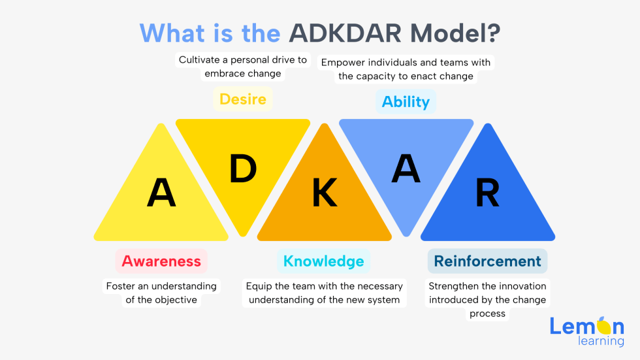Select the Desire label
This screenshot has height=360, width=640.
click(243, 99)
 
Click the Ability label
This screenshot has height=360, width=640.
click(406, 102)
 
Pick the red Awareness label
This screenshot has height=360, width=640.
click(161, 261)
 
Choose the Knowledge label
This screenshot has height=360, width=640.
click(324, 261)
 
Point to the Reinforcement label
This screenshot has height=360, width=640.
click(487, 261)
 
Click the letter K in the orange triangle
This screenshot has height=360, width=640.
click(324, 193)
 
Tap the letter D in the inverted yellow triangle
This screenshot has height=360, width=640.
click(243, 169)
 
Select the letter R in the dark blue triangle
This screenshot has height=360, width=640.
click(487, 193)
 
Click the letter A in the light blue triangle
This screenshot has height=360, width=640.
click(406, 169)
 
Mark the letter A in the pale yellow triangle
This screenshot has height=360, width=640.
click(161, 193)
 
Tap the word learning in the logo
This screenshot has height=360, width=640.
click(601, 340)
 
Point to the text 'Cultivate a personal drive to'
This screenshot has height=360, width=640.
click(243, 60)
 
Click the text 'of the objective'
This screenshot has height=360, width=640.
click(161, 300)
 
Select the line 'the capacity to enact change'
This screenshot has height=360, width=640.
click(406, 76)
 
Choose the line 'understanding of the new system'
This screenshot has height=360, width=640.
click(324, 300)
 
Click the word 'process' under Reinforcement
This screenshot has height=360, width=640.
click(487, 314)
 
